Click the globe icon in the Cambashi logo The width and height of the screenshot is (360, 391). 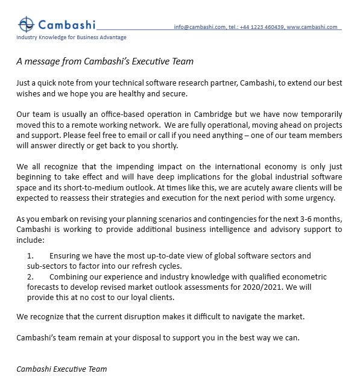pyautogui.click(x=27, y=24)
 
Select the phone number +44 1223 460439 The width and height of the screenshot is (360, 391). pyautogui.click(x=261, y=27)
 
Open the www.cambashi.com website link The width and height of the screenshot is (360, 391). pyautogui.click(x=312, y=27)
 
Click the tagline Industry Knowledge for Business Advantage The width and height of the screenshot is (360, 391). pyautogui.click(x=71, y=37)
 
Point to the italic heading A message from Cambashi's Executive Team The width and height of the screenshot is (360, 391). pyautogui.click(x=105, y=61)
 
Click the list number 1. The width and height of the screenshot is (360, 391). pyautogui.click(x=30, y=256)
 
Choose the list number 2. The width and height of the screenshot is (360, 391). pyautogui.click(x=30, y=277)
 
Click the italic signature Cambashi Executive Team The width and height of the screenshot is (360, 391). pyautogui.click(x=62, y=368)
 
